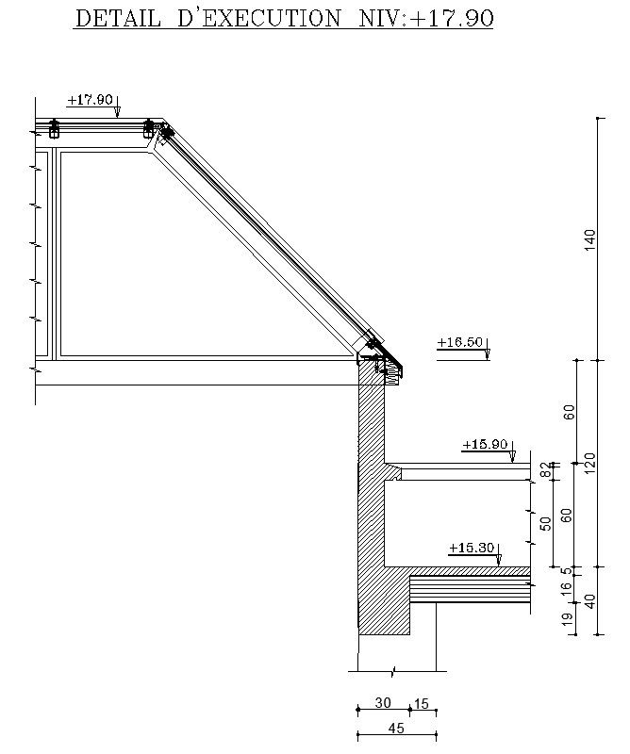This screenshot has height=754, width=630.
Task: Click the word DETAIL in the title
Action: (x=118, y=18)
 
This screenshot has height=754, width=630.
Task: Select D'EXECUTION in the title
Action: (x=259, y=18)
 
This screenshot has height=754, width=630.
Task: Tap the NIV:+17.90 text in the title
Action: (x=426, y=18)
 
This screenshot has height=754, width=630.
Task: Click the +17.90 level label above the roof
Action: (x=90, y=100)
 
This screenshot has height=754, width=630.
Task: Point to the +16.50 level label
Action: (x=459, y=342)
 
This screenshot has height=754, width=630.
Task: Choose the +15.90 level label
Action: (x=485, y=443)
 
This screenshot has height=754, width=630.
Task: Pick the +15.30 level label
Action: (x=472, y=548)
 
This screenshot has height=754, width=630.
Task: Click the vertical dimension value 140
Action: (x=589, y=239)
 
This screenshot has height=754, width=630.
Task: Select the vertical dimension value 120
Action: (x=589, y=463)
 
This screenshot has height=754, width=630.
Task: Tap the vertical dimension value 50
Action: (x=545, y=523)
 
